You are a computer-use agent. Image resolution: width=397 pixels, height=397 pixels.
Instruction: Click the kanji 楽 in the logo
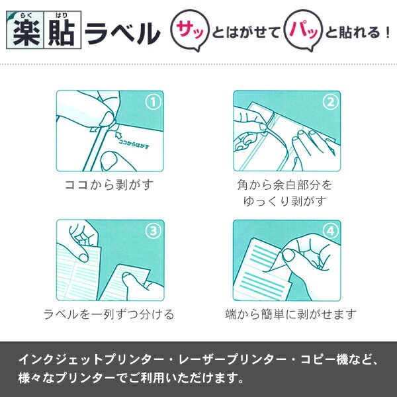tap(26, 33)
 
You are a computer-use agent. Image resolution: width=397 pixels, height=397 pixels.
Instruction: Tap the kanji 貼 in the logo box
tap(62, 33)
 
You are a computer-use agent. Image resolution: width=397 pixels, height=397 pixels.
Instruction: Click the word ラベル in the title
tap(122, 33)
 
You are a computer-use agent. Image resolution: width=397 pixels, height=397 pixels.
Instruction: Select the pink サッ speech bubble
tap(190, 30)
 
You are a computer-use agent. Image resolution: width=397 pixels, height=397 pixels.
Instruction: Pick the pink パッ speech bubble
tap(303, 30)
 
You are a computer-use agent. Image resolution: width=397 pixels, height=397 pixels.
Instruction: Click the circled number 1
tap(153, 102)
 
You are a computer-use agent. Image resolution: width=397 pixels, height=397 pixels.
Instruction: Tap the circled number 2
tap(330, 102)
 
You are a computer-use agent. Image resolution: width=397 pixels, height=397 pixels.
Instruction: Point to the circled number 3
tap(153, 231)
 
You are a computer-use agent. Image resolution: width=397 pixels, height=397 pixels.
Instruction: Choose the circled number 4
tap(330, 231)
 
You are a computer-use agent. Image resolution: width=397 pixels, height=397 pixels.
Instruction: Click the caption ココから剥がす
tap(109, 185)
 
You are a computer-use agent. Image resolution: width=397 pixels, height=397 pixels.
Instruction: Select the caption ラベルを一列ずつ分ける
tap(109, 314)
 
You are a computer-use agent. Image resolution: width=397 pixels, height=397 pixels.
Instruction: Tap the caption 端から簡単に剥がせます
tap(291, 314)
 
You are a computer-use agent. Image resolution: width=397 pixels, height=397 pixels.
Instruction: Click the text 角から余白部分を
tap(285, 185)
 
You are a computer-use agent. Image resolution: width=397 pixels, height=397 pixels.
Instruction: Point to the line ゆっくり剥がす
tap(285, 201)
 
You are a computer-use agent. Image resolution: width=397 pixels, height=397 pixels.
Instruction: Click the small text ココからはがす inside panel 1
tap(134, 144)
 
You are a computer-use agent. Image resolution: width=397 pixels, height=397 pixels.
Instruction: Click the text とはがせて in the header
tap(246, 32)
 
